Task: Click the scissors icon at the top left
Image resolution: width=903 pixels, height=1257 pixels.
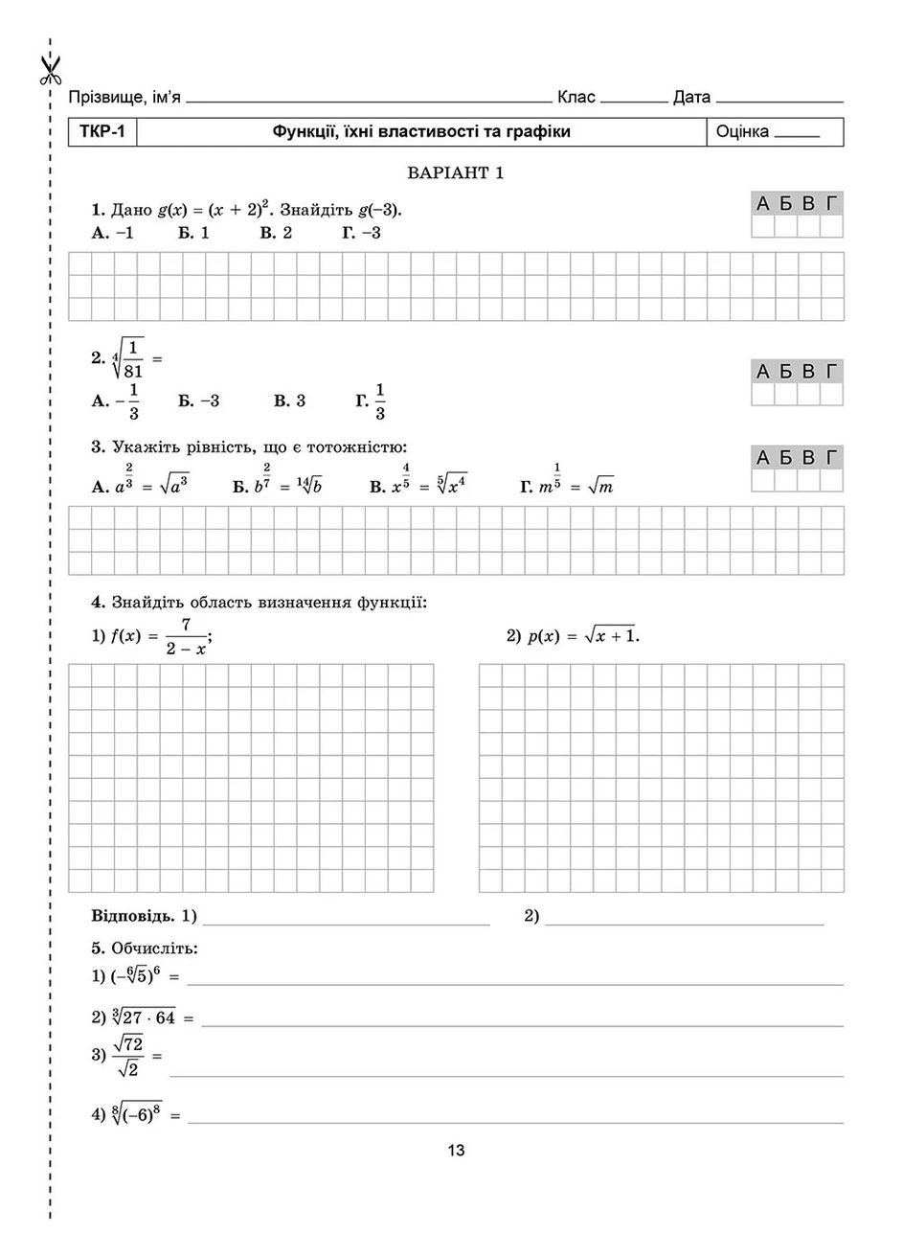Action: [x=50, y=67]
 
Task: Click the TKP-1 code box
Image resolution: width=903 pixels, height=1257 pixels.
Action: [x=102, y=132]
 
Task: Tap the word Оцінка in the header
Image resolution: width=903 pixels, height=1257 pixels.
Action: [x=742, y=132]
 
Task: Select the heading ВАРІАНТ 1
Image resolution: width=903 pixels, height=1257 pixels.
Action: [x=455, y=173]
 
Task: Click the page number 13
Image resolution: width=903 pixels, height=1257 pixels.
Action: [x=456, y=1151]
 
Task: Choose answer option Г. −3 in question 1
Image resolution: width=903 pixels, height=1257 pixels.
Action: [x=361, y=233]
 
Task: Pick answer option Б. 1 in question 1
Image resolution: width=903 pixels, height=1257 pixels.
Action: [x=193, y=233]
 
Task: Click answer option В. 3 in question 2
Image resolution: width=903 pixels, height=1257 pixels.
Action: [x=289, y=401]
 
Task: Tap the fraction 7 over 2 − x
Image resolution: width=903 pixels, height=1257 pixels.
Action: [x=185, y=636]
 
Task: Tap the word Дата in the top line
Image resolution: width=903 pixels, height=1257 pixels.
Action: [x=691, y=97]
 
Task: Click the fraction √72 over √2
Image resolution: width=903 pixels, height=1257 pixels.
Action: [x=126, y=1055]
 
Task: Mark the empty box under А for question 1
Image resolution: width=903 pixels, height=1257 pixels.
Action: [x=762, y=227]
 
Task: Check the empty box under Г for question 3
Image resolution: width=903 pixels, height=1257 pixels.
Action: [x=831, y=481]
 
